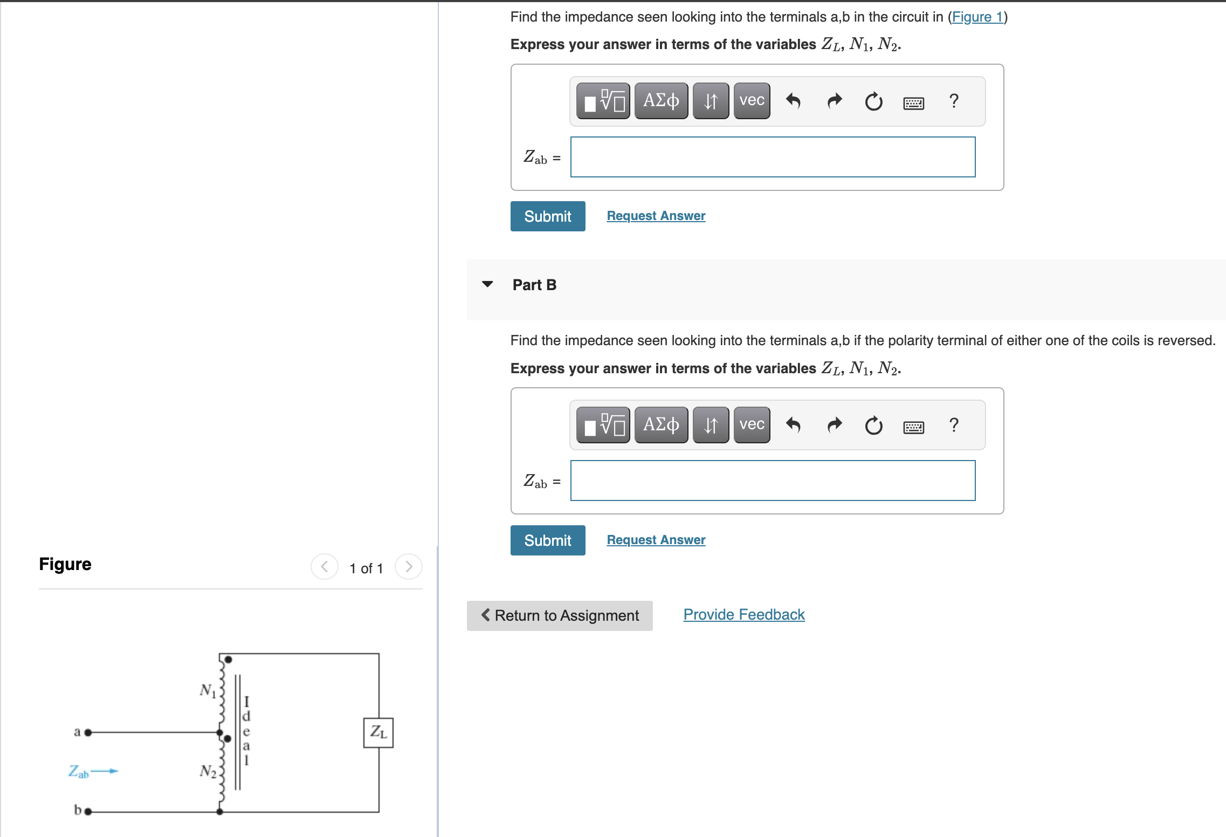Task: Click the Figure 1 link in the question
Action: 977,17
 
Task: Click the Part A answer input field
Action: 773,157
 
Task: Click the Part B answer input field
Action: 773,481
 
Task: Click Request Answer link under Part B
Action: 656,540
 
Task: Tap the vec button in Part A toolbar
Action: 752,101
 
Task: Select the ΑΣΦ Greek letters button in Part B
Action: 661,425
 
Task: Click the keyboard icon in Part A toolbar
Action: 913,102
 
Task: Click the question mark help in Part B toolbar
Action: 953,426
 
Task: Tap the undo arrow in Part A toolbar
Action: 793,101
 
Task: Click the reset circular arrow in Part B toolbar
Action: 873,426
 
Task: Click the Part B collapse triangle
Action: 487,284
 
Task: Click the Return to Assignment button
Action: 560,615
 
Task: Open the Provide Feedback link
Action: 743,615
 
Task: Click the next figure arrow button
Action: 408,567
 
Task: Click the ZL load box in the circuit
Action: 378,732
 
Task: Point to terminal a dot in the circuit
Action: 88,732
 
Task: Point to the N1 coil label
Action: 208,690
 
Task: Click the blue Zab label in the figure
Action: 78,772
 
